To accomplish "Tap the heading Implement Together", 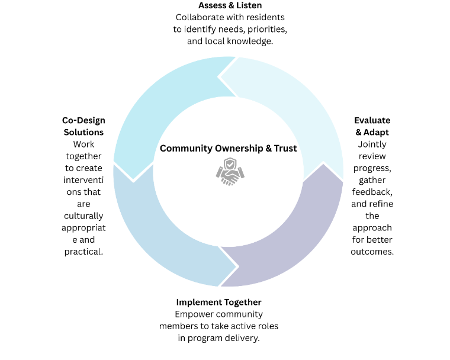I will point(218,302).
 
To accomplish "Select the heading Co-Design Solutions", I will point(83,126).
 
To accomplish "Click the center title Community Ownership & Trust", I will point(229,148).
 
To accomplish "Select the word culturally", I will point(83,216).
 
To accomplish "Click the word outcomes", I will point(372,251).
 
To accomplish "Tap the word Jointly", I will point(372,144).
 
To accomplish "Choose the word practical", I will point(83,252).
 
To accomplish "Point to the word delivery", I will point(242,337).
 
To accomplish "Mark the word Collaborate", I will point(200,17).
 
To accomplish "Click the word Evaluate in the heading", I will point(372,120).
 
